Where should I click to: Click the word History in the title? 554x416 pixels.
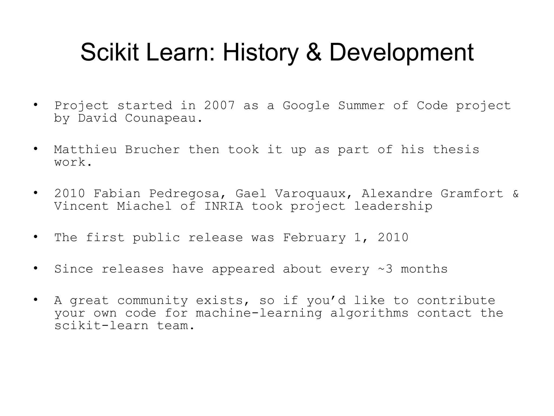tap(260, 53)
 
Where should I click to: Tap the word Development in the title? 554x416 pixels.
tap(401, 53)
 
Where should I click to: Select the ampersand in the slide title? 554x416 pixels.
tap(314, 53)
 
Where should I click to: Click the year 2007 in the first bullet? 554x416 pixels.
tap(219, 106)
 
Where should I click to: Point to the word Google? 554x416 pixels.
tap(306, 106)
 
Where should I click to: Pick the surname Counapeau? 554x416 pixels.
tap(164, 118)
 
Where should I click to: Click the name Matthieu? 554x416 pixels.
tap(85, 150)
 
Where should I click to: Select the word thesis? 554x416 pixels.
tap(456, 150)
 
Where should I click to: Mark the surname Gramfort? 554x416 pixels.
tap(472, 194)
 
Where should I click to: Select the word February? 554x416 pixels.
tap(314, 238)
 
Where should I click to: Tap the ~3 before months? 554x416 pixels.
tap(385, 269)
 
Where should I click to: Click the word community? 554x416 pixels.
tap(153, 301)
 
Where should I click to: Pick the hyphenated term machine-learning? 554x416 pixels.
tap(259, 313)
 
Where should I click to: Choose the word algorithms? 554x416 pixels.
tap(369, 313)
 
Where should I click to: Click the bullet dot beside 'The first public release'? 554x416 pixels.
tap(35, 237)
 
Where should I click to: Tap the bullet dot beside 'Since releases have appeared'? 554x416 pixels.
tap(35, 268)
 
